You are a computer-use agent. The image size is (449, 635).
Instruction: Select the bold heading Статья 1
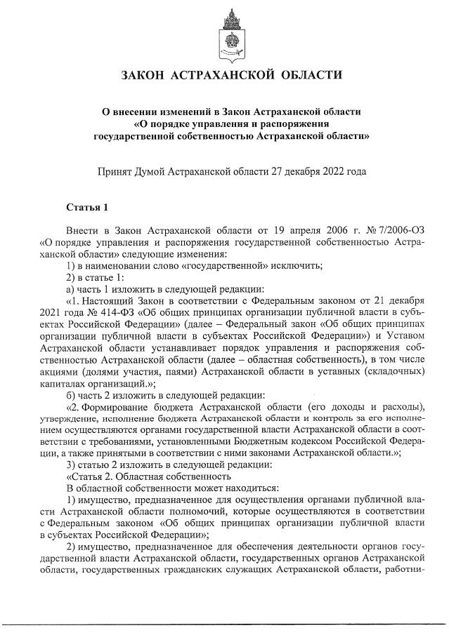(87, 207)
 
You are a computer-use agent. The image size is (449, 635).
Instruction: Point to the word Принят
(117, 171)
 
